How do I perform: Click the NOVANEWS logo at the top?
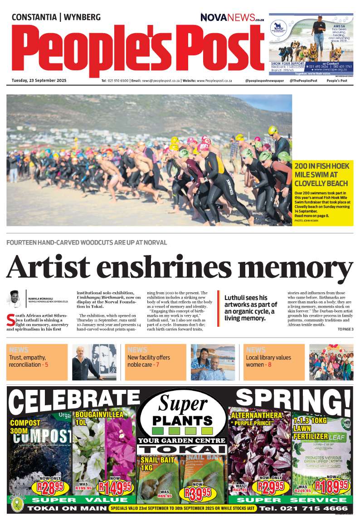pos(232,18)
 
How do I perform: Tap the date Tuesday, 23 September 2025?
pos(39,80)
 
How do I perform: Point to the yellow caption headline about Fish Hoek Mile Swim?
pos(321,175)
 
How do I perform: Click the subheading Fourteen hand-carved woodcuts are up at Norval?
pos(87,243)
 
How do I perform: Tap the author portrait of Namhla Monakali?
pos(15,299)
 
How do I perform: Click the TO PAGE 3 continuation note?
pos(345,329)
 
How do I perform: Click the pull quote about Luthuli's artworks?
pos(251,308)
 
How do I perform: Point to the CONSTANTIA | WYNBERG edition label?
pos(56,18)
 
